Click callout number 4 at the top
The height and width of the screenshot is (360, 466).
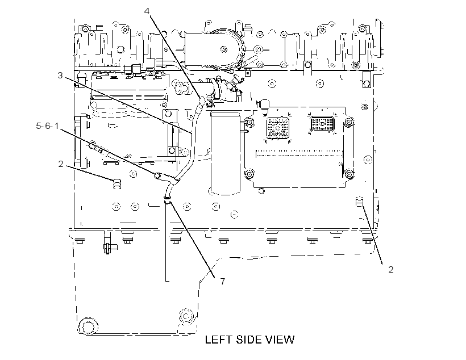147,11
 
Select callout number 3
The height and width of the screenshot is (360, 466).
60,76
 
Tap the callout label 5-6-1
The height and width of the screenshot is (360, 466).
47,126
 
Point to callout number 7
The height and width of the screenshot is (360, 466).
223,281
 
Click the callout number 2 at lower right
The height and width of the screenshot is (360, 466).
391,269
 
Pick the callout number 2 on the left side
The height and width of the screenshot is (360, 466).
61,164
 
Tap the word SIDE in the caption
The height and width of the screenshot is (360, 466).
249,340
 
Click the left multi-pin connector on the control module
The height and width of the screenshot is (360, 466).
278,128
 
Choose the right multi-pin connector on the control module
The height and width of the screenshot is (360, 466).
322,124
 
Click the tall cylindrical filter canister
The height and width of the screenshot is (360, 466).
225,153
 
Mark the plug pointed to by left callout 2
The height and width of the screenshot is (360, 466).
117,183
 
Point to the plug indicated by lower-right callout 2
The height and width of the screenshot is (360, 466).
360,202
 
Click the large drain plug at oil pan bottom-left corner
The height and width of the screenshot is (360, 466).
88,327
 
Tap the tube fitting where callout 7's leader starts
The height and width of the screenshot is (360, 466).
167,199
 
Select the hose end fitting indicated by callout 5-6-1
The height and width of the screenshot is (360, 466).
157,175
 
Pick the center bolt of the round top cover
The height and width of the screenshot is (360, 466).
223,49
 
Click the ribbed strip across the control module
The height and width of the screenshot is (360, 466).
299,153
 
